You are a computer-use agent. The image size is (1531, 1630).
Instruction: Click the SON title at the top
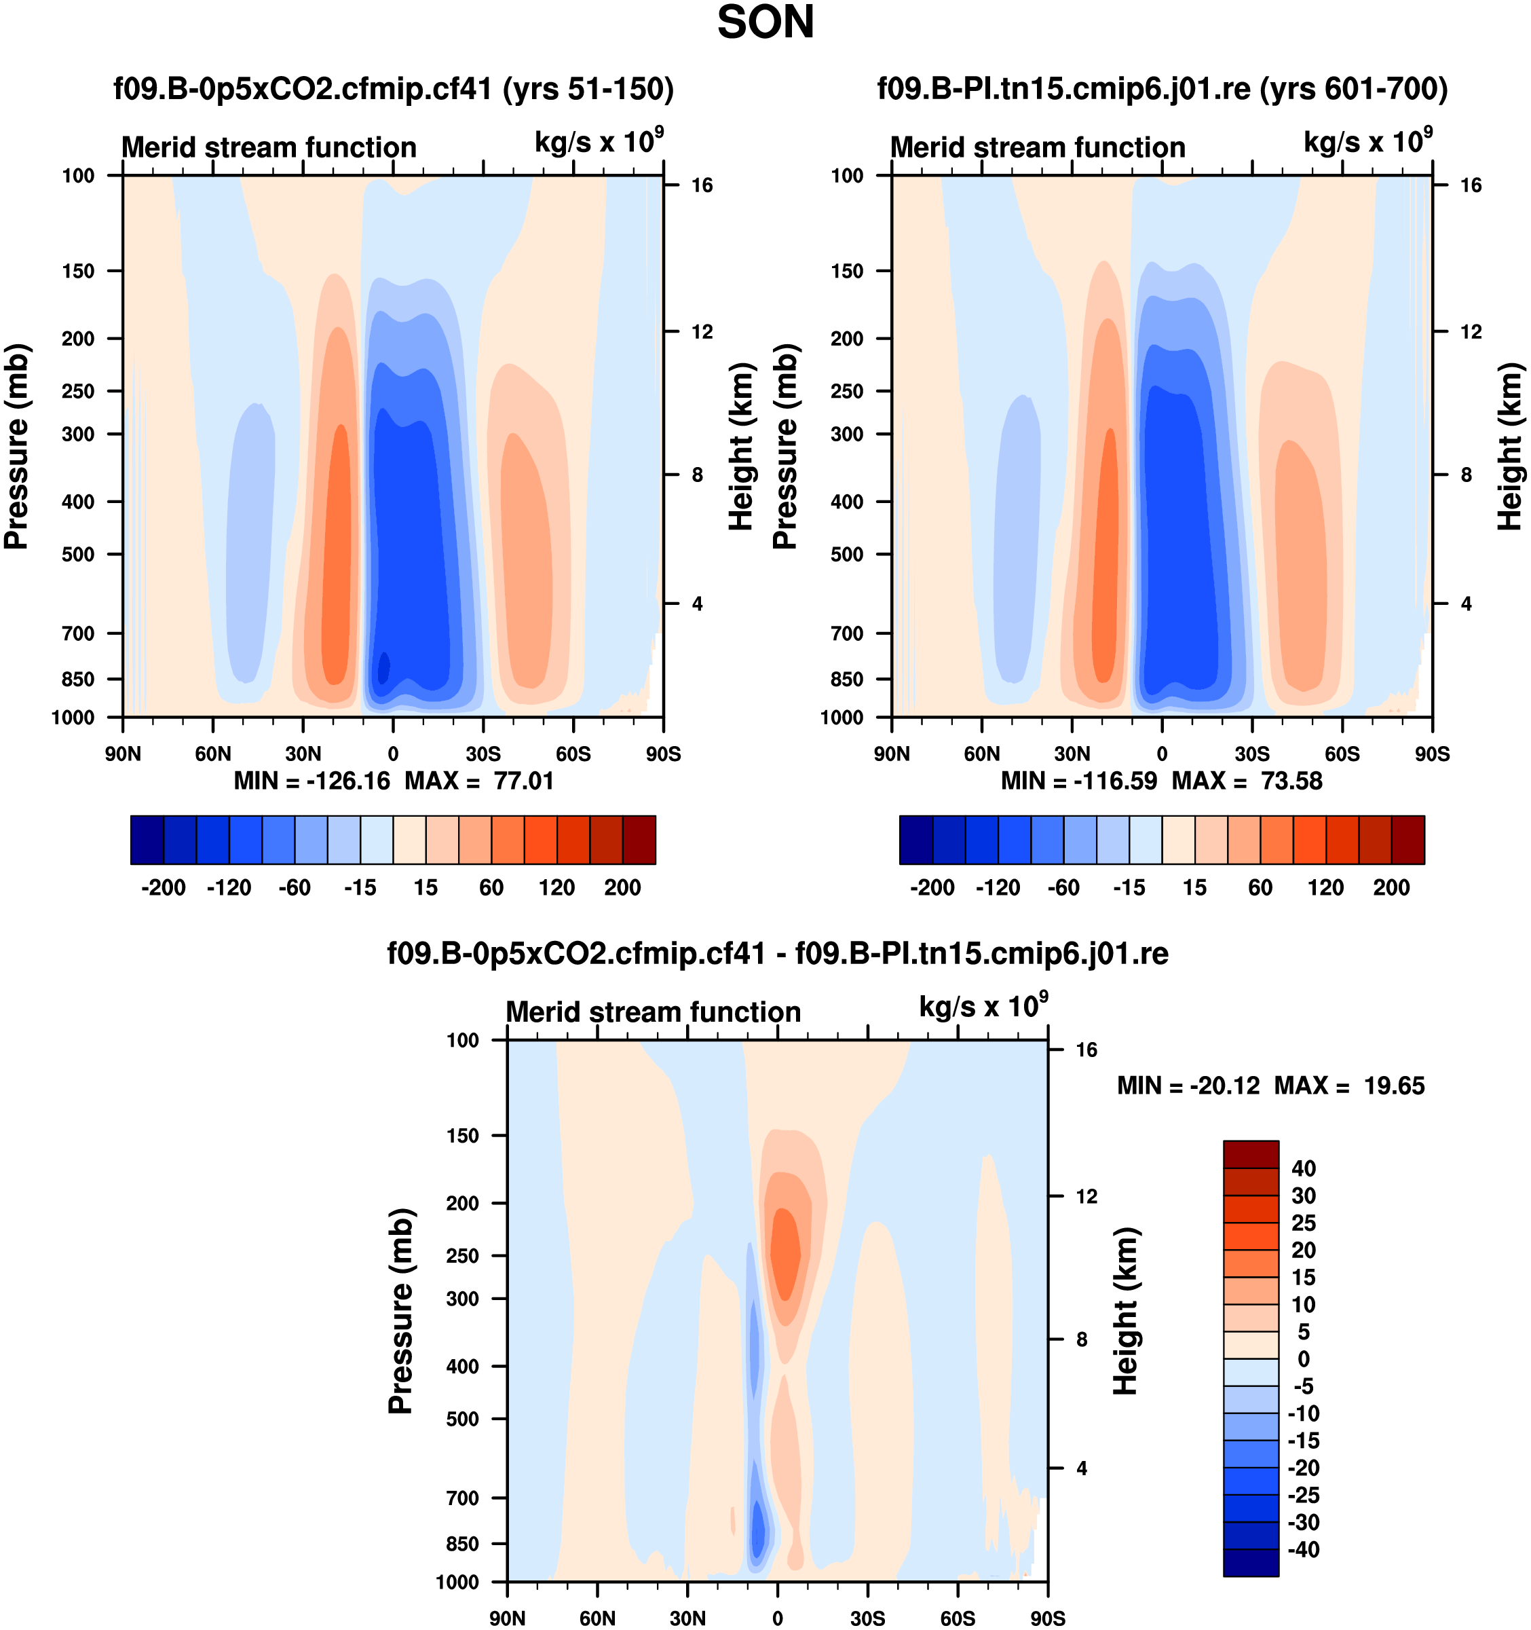tap(765, 23)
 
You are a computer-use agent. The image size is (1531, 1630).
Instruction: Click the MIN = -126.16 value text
tap(311, 781)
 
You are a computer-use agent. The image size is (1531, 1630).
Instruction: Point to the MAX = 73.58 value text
tap(1247, 781)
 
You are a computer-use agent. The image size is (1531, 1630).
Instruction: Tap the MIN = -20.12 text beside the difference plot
tap(1188, 1086)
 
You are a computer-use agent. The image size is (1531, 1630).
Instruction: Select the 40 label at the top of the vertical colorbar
tap(1303, 1168)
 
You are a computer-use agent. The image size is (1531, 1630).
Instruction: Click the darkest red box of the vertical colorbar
tap(1251, 1153)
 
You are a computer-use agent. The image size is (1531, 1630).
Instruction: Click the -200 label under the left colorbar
tap(163, 887)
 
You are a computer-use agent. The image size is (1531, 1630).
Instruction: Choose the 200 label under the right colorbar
tap(1391, 887)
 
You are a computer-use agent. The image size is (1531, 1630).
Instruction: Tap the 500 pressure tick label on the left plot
tap(79, 554)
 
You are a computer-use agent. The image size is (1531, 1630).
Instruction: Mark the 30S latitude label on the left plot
tap(483, 754)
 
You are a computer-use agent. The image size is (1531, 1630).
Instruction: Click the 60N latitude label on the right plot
tap(982, 754)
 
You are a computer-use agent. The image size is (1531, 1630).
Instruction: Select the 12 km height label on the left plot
tap(702, 332)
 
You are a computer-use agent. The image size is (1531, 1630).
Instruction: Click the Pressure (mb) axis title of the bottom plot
tap(400, 1310)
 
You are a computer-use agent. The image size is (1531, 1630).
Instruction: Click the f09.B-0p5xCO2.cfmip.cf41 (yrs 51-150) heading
tap(394, 88)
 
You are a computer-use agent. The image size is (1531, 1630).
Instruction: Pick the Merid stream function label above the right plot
tap(1038, 147)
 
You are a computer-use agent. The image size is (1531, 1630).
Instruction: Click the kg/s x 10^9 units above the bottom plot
tap(983, 1006)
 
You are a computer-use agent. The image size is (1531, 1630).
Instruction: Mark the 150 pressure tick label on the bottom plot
tap(462, 1136)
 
